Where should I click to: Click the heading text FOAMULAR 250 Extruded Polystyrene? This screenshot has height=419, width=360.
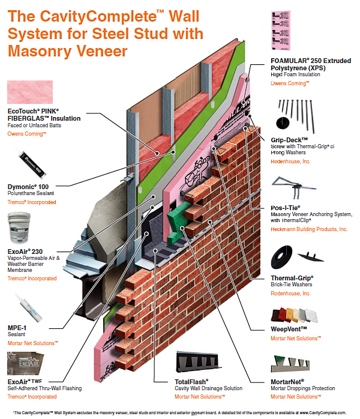click(306, 65)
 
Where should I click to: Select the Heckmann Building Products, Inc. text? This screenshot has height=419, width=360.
click(309, 229)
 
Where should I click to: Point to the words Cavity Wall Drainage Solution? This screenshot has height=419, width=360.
click(205, 390)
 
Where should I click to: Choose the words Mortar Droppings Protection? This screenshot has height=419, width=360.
click(302, 390)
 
